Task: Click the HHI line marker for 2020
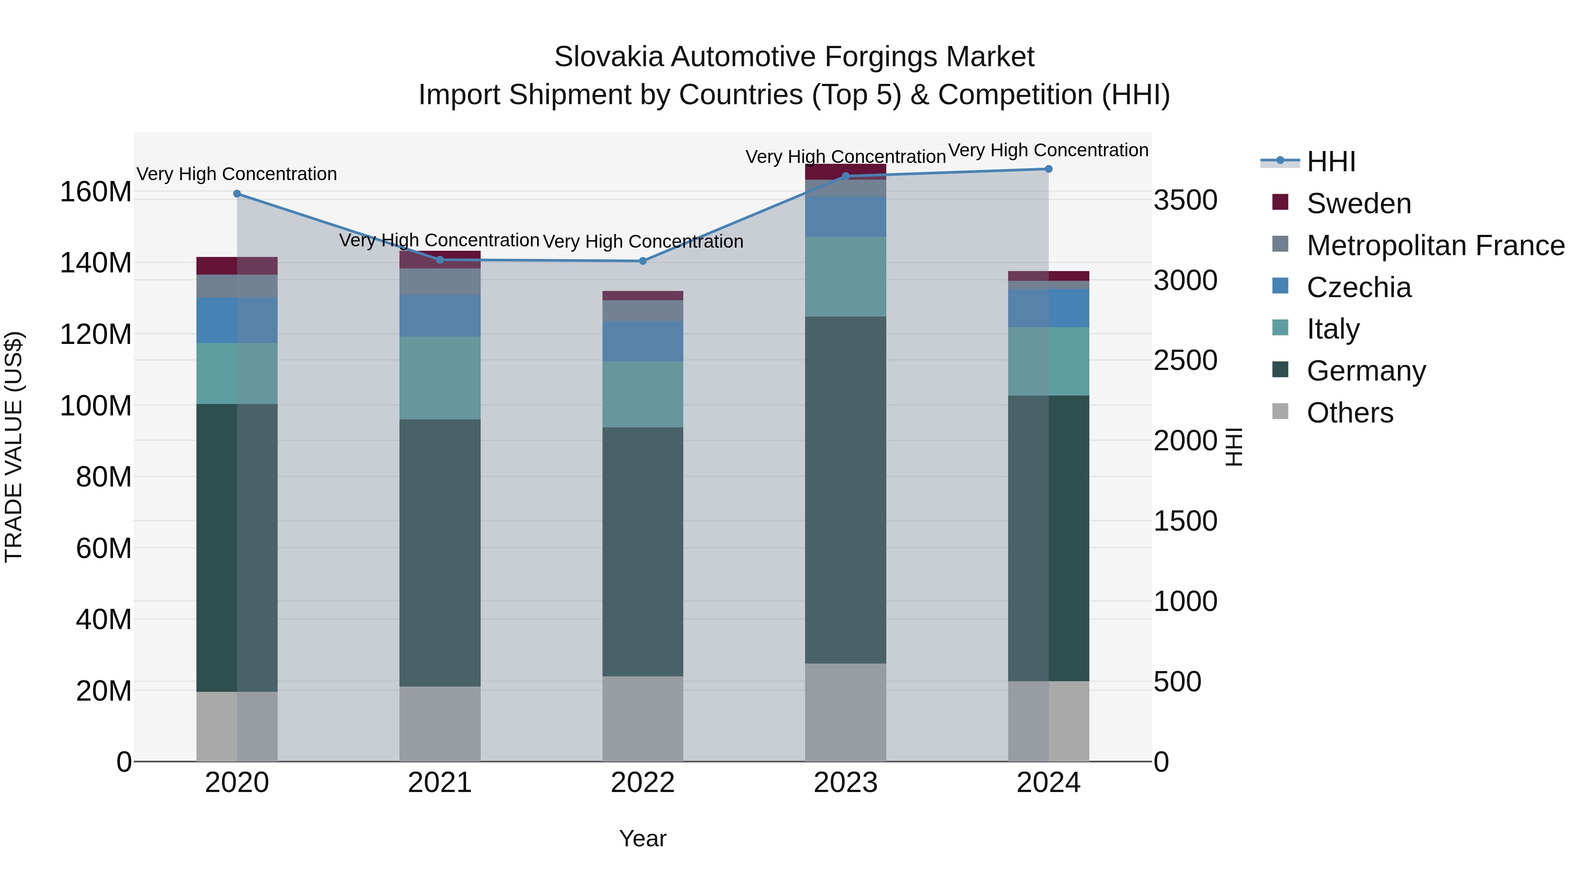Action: click(237, 194)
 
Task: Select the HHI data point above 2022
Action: click(642, 261)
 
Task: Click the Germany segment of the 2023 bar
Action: click(845, 490)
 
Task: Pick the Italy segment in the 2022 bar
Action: click(642, 394)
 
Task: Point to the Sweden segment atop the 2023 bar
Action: click(845, 172)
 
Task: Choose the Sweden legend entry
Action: click(1358, 204)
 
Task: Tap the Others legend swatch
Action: click(1280, 411)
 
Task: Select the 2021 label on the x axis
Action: click(439, 783)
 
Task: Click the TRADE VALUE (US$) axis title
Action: click(14, 447)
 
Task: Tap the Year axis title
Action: click(642, 838)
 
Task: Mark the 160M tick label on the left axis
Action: click(96, 192)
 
